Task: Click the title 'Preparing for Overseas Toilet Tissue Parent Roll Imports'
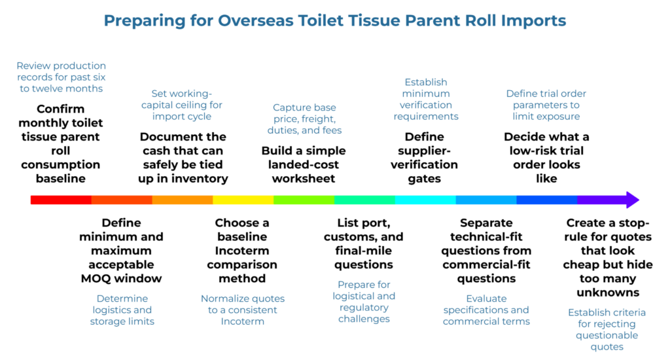point(335,20)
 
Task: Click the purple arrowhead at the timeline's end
point(631,200)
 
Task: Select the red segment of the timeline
point(61,200)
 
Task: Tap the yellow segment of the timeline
point(243,200)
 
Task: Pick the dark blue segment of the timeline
point(546,200)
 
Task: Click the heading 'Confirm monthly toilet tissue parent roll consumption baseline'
point(61,143)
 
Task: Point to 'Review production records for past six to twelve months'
point(61,77)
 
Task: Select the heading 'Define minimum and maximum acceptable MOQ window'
point(121,251)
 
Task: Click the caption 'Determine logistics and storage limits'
point(121,310)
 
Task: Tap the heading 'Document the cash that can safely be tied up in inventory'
point(183,157)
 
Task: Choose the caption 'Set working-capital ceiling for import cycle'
point(187,105)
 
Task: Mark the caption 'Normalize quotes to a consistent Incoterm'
point(243,310)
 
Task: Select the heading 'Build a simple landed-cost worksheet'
point(304,164)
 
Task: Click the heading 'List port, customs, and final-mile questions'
point(364,243)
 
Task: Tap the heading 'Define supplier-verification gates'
point(425,157)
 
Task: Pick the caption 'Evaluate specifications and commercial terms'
point(486,310)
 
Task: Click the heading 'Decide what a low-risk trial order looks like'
point(546,157)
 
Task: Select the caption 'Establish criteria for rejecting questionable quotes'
point(607,329)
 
